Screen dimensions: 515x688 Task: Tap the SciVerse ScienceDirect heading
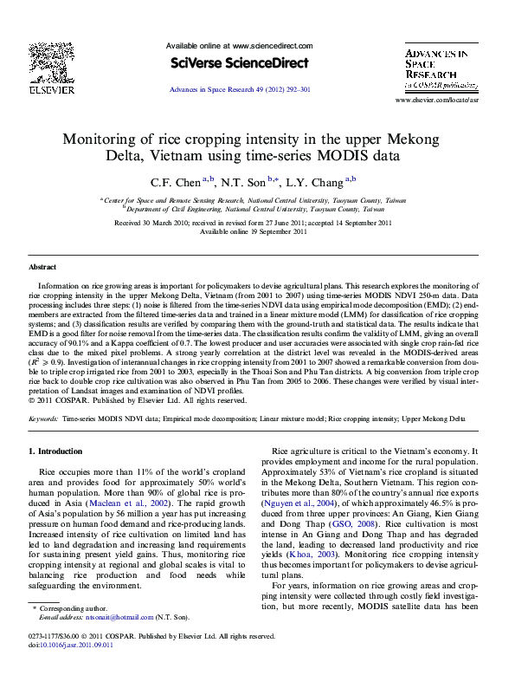pyautogui.click(x=240, y=63)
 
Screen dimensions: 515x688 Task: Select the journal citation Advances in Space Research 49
pyautogui.click(x=240, y=89)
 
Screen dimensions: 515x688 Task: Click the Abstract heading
pyautogui.click(x=42, y=268)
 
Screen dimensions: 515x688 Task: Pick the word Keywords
pyautogui.click(x=43, y=419)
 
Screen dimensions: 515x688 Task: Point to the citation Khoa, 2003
pyautogui.click(x=316, y=578)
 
